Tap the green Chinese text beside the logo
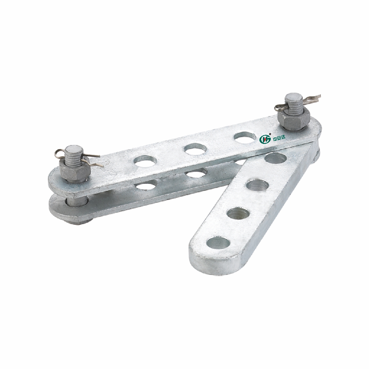[x=277, y=139]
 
